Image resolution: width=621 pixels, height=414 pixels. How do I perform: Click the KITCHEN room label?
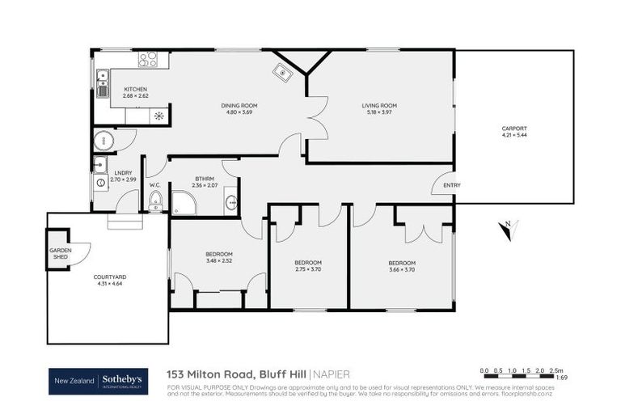(135, 89)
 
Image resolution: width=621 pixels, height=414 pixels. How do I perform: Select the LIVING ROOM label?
(378, 105)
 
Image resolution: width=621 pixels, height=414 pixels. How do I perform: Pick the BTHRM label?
(204, 180)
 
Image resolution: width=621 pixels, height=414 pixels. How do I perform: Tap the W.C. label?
(155, 185)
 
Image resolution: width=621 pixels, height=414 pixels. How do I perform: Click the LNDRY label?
(123, 172)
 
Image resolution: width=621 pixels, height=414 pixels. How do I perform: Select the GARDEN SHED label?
(61, 254)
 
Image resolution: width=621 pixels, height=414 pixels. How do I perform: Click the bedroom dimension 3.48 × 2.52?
(219, 261)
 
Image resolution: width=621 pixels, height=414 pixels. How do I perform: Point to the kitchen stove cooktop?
(148, 59)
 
